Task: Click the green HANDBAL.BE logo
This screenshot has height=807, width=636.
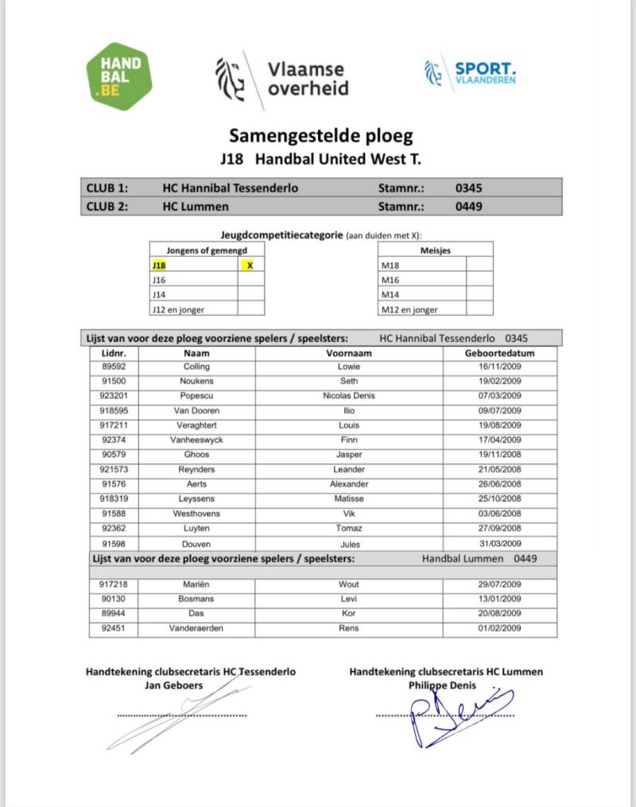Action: [x=118, y=76]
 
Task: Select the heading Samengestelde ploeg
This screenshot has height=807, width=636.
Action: [x=321, y=135]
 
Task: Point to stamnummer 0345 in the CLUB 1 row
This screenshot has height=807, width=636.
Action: [x=468, y=188]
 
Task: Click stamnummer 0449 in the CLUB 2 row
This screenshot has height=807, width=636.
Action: [x=468, y=207]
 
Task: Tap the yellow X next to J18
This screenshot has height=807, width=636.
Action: [x=250, y=265]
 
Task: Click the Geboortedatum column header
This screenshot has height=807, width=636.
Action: [x=499, y=352]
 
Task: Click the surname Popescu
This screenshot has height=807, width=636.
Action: [x=196, y=396]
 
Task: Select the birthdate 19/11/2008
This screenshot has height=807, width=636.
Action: [x=499, y=455]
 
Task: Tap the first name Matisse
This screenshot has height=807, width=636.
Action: [x=349, y=499]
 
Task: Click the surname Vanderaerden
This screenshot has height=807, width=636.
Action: [x=196, y=628]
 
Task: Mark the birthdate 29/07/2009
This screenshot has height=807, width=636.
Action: [x=499, y=584]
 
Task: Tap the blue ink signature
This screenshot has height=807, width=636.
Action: [x=457, y=716]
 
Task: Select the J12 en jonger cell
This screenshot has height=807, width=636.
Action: [x=192, y=309]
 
